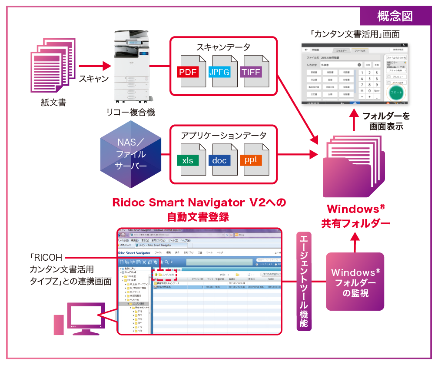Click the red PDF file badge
tap(187, 72)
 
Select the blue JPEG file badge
tap(219, 72)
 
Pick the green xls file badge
tap(188, 160)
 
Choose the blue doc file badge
tap(219, 160)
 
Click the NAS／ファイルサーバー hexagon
tap(130, 154)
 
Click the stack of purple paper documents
tap(53, 65)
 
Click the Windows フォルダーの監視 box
tap(355, 282)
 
